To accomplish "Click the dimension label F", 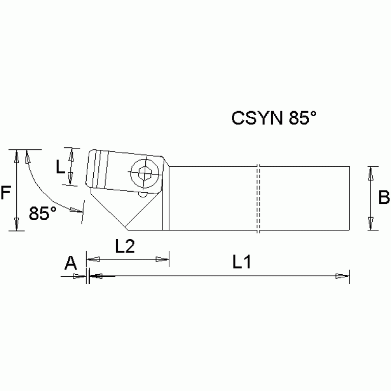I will [6, 193].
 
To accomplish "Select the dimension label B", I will [384, 197].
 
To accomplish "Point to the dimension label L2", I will [124, 247].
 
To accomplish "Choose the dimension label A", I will [70, 263].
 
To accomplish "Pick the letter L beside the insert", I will [60, 166].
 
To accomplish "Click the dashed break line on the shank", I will [259, 199].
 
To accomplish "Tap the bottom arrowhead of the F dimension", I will [17, 224].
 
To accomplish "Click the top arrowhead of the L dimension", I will [72, 153].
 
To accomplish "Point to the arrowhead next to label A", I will [79, 276].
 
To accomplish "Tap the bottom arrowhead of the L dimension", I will [72, 179].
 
